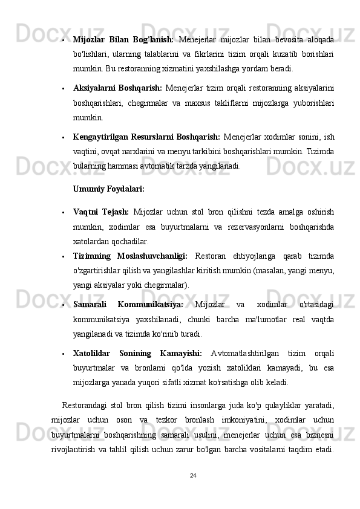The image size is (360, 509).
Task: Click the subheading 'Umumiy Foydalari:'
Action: tap(108, 189)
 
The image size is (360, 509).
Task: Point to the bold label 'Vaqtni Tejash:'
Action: tap(100, 212)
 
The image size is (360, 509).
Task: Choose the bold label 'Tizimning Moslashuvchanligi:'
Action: tap(130, 256)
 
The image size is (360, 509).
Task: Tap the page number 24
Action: tap(193, 475)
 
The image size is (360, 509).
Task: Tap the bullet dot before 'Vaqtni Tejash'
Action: tap(64, 213)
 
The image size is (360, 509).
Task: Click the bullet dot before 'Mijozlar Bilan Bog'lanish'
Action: tap(64, 40)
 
